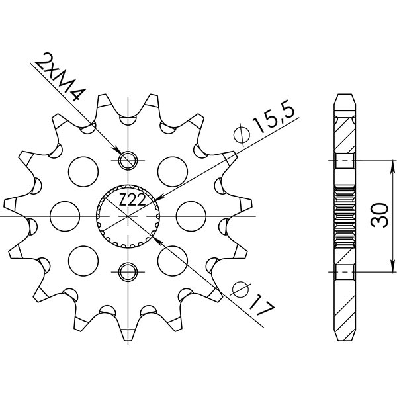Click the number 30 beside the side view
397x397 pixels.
coord(378,216)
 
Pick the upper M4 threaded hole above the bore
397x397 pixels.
coord(128,161)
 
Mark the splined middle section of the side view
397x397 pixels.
coord(345,216)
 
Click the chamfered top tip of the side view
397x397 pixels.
coord(345,99)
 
